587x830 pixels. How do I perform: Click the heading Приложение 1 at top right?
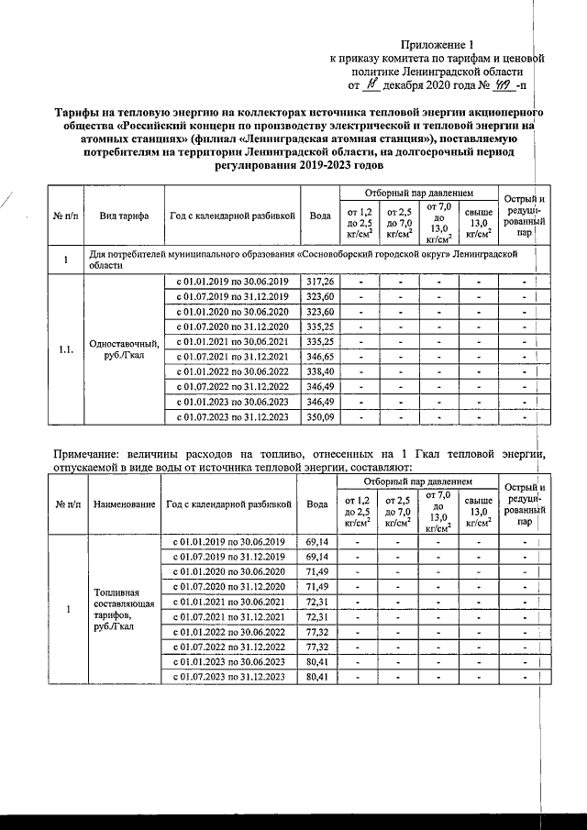[439, 44]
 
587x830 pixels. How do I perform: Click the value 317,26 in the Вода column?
[320, 281]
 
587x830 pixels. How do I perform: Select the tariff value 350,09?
[320, 417]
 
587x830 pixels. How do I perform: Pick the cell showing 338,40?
[320, 371]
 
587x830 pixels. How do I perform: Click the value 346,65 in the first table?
[320, 357]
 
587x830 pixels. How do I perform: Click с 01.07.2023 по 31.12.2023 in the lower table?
[231, 676]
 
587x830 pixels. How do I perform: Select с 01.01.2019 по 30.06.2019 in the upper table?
[232, 281]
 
